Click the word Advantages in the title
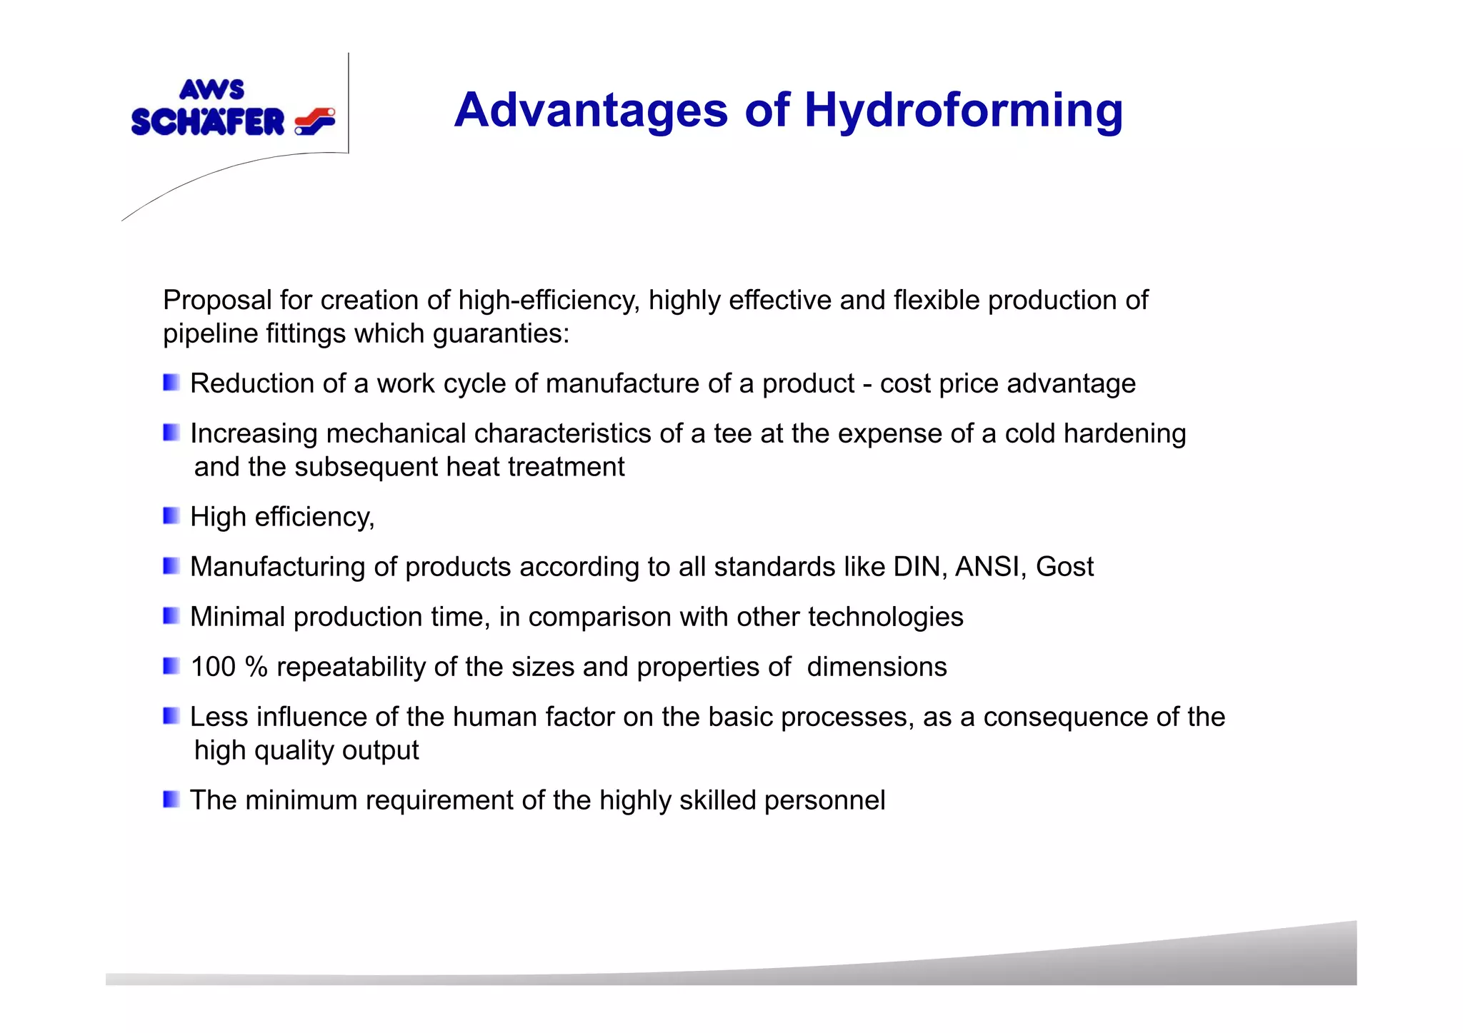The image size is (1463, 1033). (590, 111)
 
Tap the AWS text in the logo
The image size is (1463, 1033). (211, 90)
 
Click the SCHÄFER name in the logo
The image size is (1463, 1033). (208, 122)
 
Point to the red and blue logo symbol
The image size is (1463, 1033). (315, 121)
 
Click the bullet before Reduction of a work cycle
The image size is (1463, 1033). (171, 383)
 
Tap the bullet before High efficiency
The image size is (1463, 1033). (171, 516)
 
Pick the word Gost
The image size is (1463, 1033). (1064, 567)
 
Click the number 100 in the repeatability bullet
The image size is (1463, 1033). (213, 667)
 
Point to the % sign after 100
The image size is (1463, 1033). (256, 667)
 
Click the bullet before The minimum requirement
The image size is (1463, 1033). (171, 800)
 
